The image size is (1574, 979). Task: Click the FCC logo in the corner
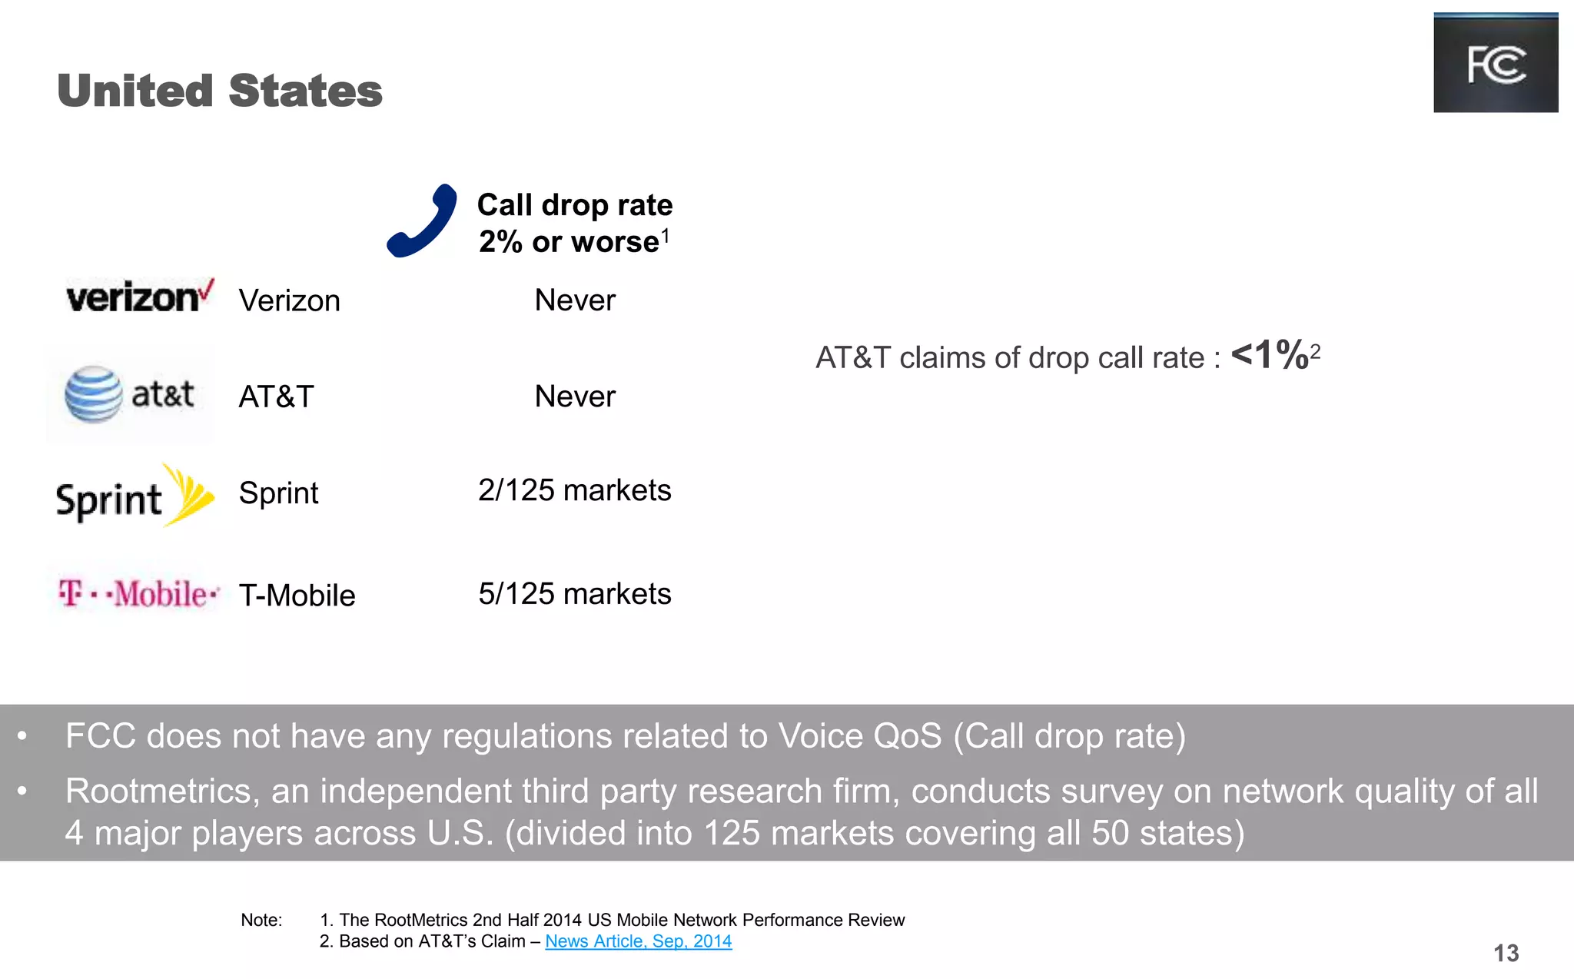coord(1495,63)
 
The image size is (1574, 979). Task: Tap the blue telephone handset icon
coord(421,221)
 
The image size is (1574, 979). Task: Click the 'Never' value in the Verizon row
coord(575,300)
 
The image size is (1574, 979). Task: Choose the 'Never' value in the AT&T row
coord(575,397)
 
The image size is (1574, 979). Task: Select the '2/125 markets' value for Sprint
coord(575,490)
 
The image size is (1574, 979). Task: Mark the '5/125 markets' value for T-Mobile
coord(575,594)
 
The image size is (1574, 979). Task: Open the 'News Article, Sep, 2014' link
coord(638,941)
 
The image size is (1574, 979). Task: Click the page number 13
coord(1506,954)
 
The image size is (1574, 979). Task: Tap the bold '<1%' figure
coord(1270,355)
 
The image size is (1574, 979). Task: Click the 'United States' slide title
coord(220,91)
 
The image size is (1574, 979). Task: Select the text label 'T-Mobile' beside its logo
coord(297,596)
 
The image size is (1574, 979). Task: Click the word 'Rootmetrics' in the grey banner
coord(158,791)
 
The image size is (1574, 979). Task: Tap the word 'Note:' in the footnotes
coord(261,920)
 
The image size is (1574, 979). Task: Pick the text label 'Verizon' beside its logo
coord(289,300)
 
